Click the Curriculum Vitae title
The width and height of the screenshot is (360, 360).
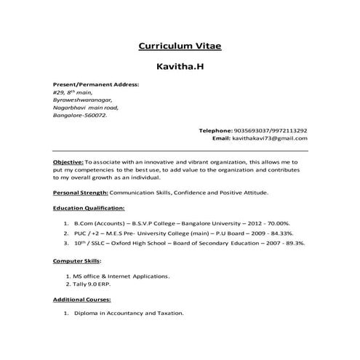[x=179, y=47]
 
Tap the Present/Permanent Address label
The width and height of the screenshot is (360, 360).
[x=95, y=85]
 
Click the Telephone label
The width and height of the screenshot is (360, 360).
[x=215, y=130]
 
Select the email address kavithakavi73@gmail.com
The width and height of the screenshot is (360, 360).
[x=270, y=138]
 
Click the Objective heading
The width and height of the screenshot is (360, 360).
[x=68, y=161]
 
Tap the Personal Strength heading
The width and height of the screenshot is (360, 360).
[x=80, y=193]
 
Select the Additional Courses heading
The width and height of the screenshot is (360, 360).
[x=82, y=299]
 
